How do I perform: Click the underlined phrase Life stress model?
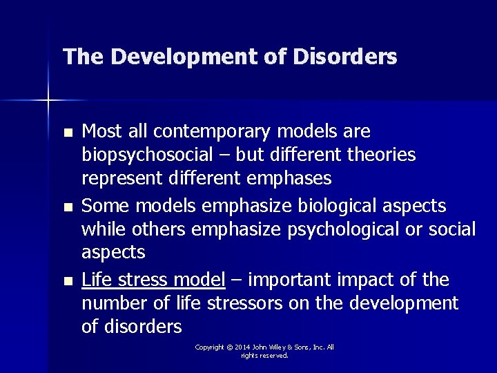[x=153, y=280]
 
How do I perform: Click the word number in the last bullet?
[x=112, y=303]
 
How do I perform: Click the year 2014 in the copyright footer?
[x=242, y=347]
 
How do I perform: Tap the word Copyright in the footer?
[x=210, y=347]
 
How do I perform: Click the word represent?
[x=121, y=179]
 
